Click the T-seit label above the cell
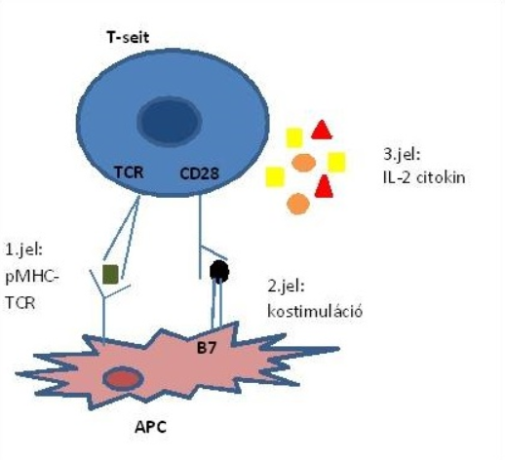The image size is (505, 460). tap(128, 37)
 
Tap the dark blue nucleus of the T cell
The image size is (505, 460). tap(170, 121)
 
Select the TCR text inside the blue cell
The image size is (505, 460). tap(129, 172)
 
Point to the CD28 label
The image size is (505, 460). tap(200, 173)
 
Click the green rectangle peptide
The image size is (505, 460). tap(110, 275)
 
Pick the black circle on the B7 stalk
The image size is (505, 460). tap(219, 271)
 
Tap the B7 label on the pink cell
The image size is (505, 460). tap(207, 349)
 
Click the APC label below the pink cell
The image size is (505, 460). tap(150, 427)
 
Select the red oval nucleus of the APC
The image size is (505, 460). tap(123, 379)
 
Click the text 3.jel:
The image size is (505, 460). tap(402, 155)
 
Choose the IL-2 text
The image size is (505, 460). tap(397, 178)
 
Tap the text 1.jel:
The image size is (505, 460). tap(24, 250)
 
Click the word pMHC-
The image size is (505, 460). tap(32, 278)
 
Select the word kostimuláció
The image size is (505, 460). tap(315, 311)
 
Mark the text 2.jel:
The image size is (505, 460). tap(287, 287)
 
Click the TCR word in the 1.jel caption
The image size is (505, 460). tap(20, 303)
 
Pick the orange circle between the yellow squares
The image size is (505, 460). tap(304, 163)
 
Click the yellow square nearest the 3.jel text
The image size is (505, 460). tap(336, 162)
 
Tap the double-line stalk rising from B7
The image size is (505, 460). tap(216, 304)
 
